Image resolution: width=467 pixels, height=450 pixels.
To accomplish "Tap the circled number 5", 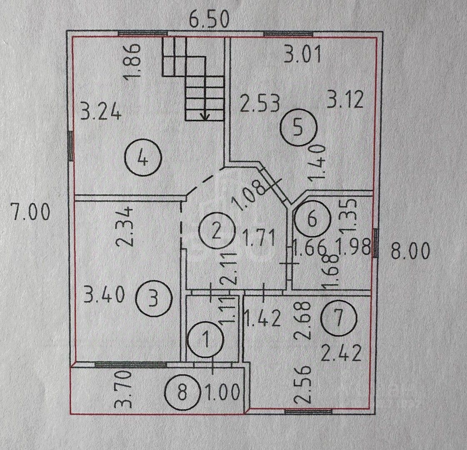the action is [298, 128].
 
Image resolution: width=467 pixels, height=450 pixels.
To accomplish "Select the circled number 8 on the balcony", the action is [182, 392].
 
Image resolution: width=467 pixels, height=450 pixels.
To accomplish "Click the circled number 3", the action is [154, 299].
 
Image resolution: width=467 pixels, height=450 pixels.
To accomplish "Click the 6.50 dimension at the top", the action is [210, 19].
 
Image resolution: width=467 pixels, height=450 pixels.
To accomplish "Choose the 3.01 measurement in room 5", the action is [302, 55].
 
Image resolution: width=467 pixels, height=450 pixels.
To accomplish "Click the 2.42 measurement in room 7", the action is [341, 353].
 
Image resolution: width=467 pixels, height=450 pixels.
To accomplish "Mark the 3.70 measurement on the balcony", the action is [123, 389].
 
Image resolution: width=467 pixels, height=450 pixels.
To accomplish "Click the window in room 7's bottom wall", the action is [308, 412].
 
